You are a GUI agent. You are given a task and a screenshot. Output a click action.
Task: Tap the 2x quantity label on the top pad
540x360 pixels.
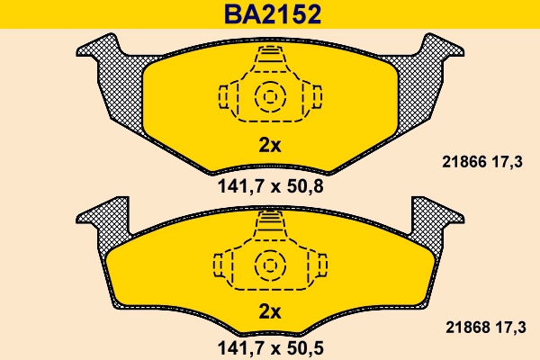click(270, 145)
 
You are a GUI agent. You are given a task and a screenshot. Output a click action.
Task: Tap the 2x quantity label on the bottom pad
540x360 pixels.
click(270, 312)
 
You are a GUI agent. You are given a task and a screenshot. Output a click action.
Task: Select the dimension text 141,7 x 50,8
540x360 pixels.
click(271, 187)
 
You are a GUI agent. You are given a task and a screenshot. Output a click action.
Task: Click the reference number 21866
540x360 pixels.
click(463, 162)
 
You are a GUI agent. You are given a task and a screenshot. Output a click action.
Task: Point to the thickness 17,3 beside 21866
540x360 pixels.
click(508, 162)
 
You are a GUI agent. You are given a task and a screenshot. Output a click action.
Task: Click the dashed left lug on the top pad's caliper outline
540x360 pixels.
click(226, 95)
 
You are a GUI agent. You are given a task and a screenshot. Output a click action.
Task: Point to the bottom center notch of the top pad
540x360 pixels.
click(270, 167)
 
